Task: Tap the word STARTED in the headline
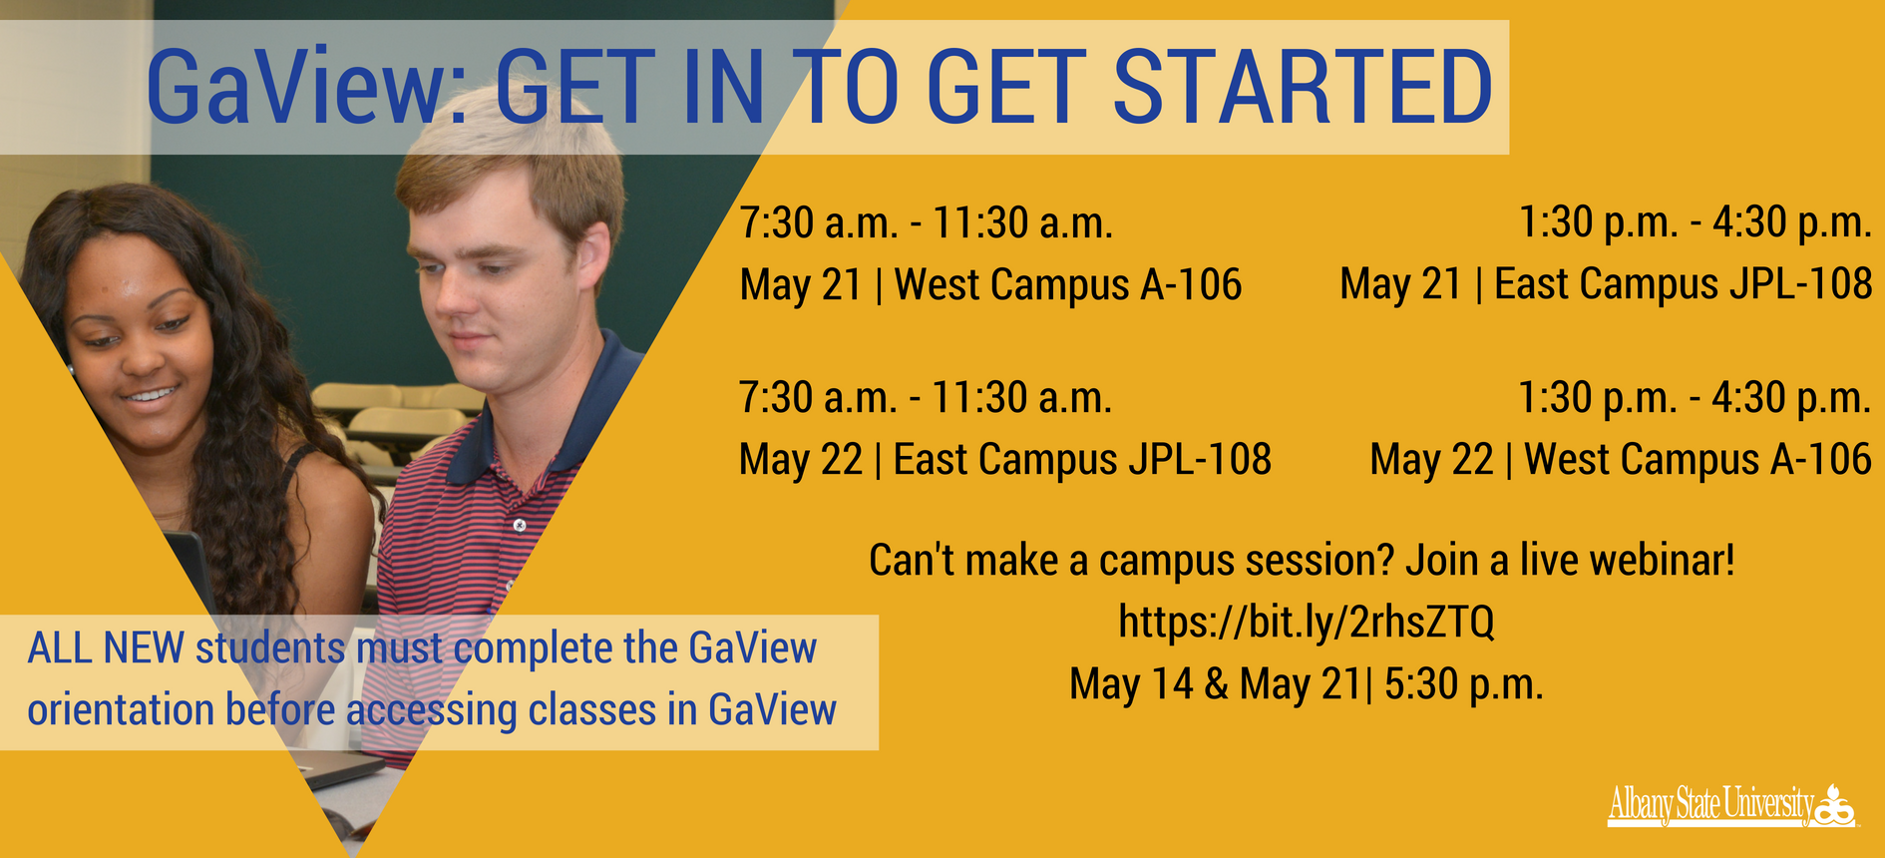[1302, 88]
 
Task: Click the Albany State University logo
[1731, 805]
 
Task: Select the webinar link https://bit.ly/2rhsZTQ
[1306, 623]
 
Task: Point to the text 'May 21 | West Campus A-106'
[990, 285]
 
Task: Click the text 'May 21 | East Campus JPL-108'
[1606, 284]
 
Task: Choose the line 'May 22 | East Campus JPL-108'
[1005, 460]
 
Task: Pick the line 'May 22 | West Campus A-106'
[1621, 460]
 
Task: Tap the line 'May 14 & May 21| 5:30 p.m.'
[1307, 685]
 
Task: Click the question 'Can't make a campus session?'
[1131, 561]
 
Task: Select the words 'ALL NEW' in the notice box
[106, 649]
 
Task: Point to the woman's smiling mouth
[150, 397]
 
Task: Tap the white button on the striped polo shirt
[519, 525]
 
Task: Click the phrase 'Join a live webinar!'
[1571, 561]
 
